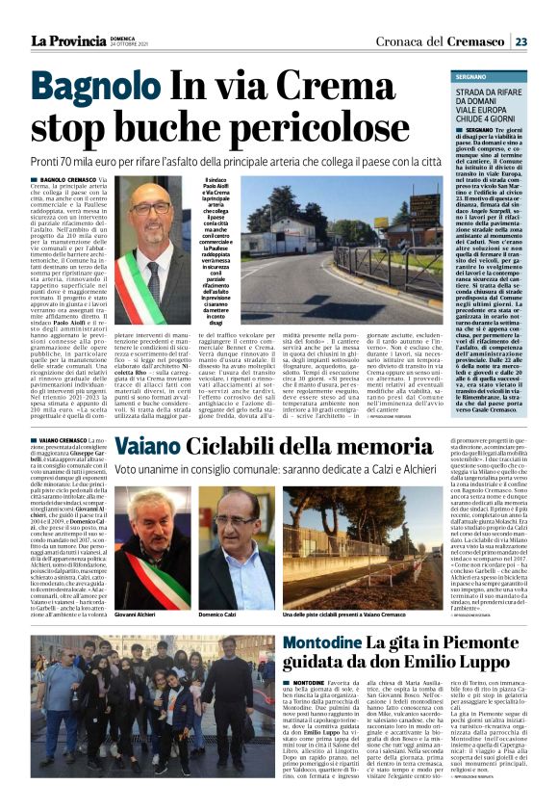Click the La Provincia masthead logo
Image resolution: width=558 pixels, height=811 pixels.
[67, 40]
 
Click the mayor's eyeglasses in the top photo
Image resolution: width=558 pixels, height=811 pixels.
[150, 209]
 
